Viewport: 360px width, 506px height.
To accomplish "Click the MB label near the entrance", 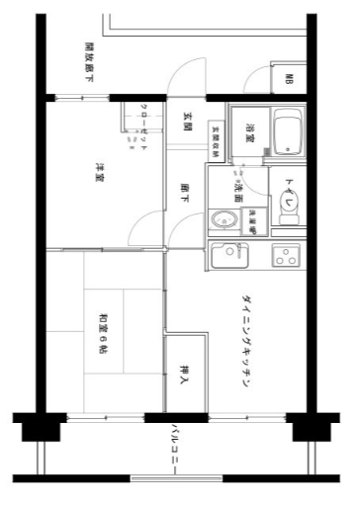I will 290,80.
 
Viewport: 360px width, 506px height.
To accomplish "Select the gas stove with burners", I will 286,255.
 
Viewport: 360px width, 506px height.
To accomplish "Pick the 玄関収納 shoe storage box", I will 215,138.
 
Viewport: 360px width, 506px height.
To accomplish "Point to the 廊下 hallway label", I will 186,193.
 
